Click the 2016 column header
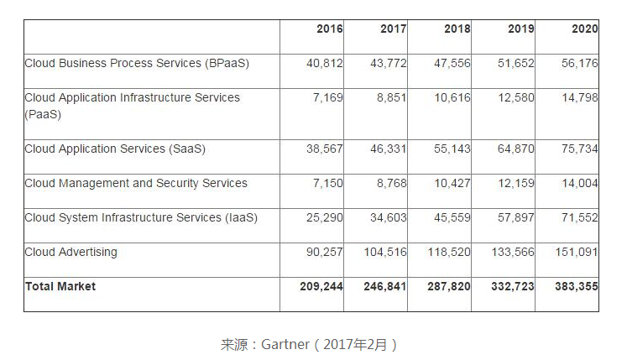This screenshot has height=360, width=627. (x=330, y=29)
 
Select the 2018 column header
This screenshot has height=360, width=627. (x=457, y=29)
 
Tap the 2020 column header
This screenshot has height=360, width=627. (x=585, y=29)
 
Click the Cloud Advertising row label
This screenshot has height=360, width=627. (x=71, y=252)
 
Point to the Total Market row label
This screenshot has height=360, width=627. (x=60, y=286)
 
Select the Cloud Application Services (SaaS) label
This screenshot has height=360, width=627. (x=115, y=149)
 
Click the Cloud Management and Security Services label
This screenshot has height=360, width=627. (x=136, y=183)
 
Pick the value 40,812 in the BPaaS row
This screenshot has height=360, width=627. (x=325, y=63)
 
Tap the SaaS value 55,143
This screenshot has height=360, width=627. (x=452, y=149)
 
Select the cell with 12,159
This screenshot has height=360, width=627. (x=516, y=183)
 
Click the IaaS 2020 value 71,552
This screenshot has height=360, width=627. (x=580, y=217)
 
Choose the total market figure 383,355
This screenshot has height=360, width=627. (x=577, y=286)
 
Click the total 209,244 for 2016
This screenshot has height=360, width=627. (x=321, y=286)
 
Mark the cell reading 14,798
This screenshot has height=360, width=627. (x=580, y=97)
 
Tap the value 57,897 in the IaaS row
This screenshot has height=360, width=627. (x=516, y=217)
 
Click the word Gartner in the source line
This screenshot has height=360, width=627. (x=288, y=344)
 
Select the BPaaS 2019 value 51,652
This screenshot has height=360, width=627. (x=516, y=63)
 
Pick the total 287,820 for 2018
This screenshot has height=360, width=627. (x=449, y=286)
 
